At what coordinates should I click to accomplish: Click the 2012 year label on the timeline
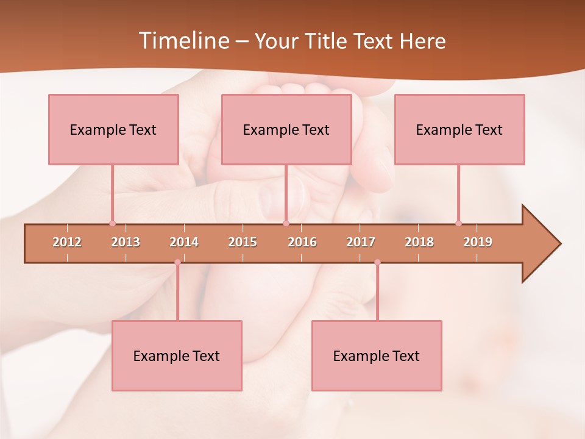click(x=67, y=242)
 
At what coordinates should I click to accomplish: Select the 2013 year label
click(x=126, y=242)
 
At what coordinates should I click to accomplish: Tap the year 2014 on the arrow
click(x=184, y=242)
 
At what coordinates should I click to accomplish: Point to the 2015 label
click(x=243, y=242)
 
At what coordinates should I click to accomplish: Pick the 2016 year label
click(x=302, y=242)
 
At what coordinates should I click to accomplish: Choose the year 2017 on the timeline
click(x=361, y=242)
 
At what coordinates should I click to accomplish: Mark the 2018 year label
click(x=419, y=242)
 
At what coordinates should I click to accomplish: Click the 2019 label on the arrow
click(x=478, y=242)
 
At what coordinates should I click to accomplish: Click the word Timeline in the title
click(x=183, y=41)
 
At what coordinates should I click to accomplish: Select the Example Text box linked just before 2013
click(x=113, y=129)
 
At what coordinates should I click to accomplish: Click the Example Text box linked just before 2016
click(x=286, y=129)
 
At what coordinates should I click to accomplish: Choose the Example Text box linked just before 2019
click(x=459, y=129)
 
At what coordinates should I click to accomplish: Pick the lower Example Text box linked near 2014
click(x=177, y=355)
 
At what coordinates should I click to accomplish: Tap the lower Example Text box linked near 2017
click(x=377, y=355)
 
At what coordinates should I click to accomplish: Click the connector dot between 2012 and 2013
click(x=112, y=223)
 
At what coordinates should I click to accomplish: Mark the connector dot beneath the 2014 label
click(x=177, y=262)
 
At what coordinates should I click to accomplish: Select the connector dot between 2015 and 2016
click(x=286, y=223)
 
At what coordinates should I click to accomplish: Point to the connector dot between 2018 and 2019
click(x=458, y=223)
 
